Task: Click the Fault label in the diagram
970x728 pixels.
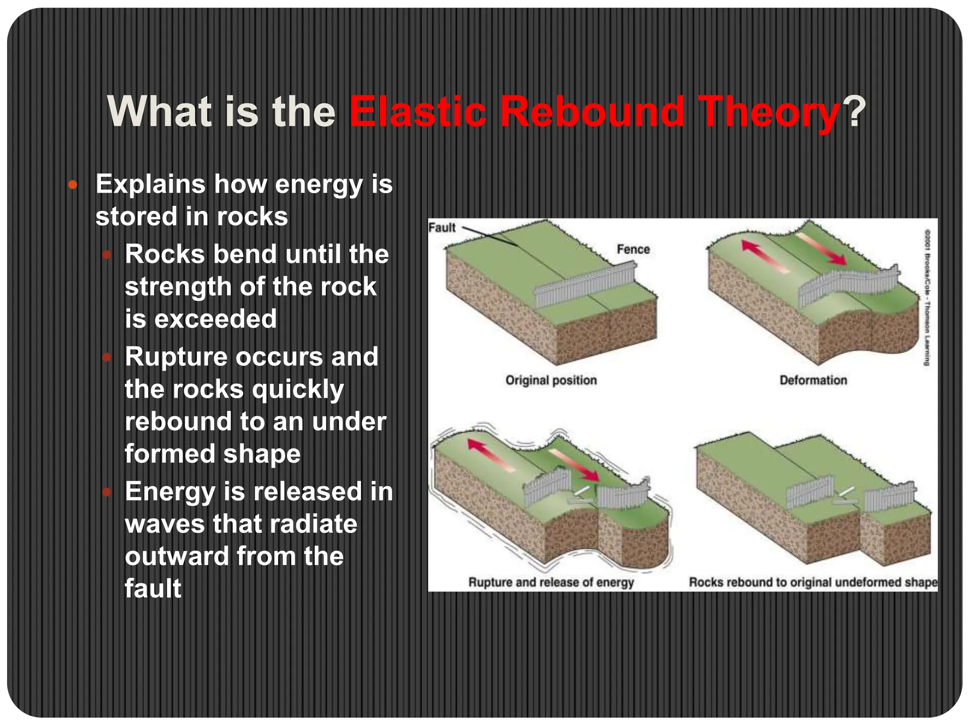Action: [x=441, y=227]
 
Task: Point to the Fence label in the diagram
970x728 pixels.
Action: [x=633, y=249]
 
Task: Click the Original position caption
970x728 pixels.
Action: [x=551, y=380]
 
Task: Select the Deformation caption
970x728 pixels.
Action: [x=813, y=380]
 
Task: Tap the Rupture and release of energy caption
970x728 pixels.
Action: [x=551, y=582]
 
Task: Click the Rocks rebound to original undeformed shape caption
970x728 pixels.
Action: [x=813, y=582]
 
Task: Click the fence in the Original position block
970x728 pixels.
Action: [x=585, y=285]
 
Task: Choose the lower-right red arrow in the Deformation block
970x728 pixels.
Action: [x=822, y=248]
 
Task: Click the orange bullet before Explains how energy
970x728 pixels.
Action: [x=72, y=185]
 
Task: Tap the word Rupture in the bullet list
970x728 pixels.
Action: [x=176, y=356]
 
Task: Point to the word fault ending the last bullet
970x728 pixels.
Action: [x=153, y=588]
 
